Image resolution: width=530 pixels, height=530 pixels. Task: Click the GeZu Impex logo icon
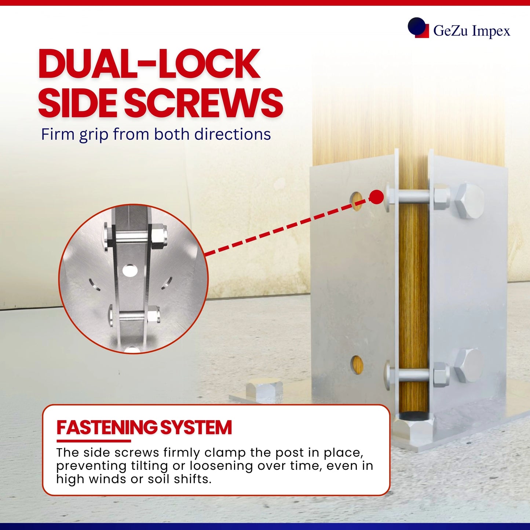click(x=418, y=28)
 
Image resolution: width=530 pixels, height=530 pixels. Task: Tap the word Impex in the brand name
click(x=491, y=30)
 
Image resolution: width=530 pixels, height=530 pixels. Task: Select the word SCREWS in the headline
click(x=204, y=103)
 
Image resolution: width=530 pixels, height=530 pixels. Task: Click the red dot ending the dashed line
click(x=376, y=197)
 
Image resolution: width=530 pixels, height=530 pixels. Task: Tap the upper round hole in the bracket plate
click(x=357, y=201)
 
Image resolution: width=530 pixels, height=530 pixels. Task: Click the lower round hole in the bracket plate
click(x=357, y=365)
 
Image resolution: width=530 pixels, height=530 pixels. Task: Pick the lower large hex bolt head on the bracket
click(x=469, y=366)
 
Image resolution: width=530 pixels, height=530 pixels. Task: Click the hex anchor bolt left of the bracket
click(x=264, y=390)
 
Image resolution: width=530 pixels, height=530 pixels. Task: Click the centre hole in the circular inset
click(x=130, y=270)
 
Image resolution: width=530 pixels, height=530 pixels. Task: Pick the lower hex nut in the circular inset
click(x=153, y=315)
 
